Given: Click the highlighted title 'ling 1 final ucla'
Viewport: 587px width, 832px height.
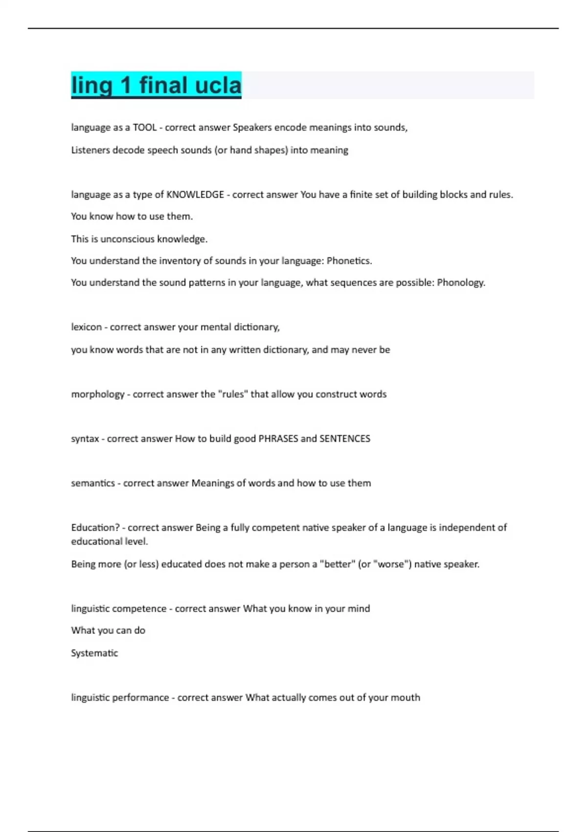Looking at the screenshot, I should pyautogui.click(x=156, y=85).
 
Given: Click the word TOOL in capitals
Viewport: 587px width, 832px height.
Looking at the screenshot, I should pyautogui.click(x=144, y=127).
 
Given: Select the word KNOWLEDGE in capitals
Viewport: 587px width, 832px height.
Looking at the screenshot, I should pyautogui.click(x=195, y=194).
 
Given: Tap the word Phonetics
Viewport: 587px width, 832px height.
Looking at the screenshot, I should pyautogui.click(x=349, y=261).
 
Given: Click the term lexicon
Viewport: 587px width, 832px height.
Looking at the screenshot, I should pyautogui.click(x=86, y=327).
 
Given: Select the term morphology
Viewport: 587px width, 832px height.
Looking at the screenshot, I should pyautogui.click(x=98, y=394).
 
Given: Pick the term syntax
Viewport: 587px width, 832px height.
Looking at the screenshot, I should pyautogui.click(x=85, y=439).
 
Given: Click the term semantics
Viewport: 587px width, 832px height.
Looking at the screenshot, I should pyautogui.click(x=92, y=483).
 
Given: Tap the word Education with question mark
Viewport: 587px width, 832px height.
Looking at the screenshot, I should pyautogui.click(x=95, y=528).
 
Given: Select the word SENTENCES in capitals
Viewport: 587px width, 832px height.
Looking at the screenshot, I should pyautogui.click(x=345, y=439).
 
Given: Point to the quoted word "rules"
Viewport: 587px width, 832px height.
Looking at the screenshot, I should pyautogui.click(x=233, y=394).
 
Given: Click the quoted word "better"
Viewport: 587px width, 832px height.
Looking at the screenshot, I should pyautogui.click(x=337, y=564).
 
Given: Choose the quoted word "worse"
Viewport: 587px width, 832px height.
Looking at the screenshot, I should pyautogui.click(x=392, y=564).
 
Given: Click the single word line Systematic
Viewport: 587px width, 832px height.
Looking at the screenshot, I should pyautogui.click(x=94, y=653).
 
